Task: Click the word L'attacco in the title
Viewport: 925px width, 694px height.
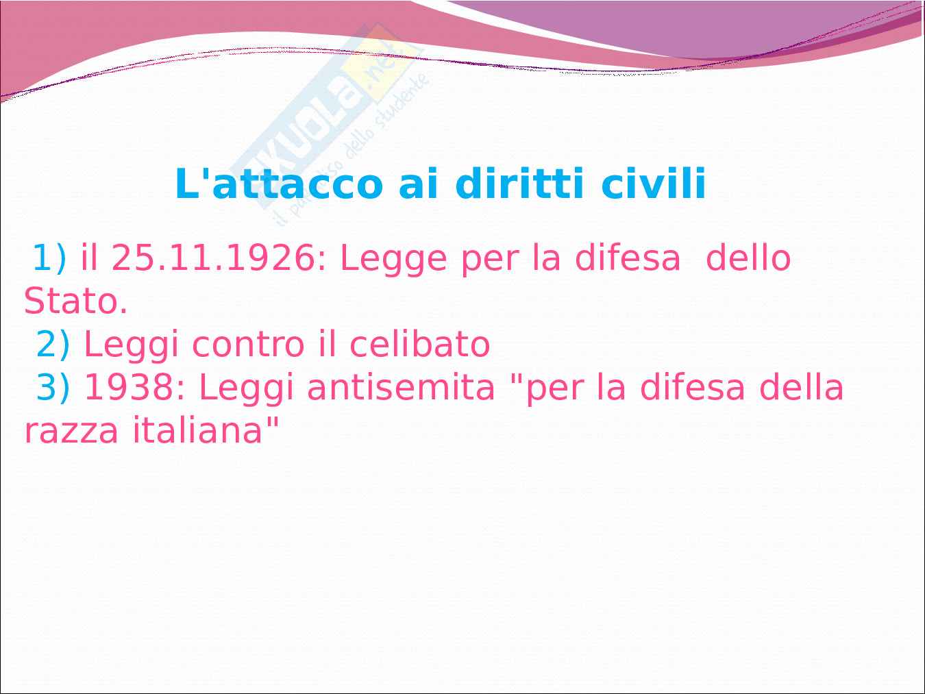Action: coord(279,184)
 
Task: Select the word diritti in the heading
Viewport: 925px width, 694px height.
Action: coord(519,184)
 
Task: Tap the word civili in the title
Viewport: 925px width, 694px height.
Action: coord(653,184)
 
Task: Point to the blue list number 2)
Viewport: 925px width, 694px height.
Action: coord(53,345)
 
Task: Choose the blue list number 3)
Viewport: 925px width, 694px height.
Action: coord(53,388)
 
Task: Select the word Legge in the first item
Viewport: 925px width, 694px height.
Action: coord(393,260)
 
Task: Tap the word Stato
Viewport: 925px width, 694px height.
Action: coord(75,301)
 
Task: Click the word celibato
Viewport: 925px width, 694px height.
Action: coord(420,344)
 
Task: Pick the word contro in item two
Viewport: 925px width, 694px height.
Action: coord(248,345)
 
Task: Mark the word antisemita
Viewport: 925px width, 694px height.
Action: coord(401,388)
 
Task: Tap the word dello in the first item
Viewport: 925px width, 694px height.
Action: coord(748,258)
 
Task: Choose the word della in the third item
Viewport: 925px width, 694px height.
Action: coord(801,387)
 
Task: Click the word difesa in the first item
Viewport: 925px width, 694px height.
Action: coord(628,258)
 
